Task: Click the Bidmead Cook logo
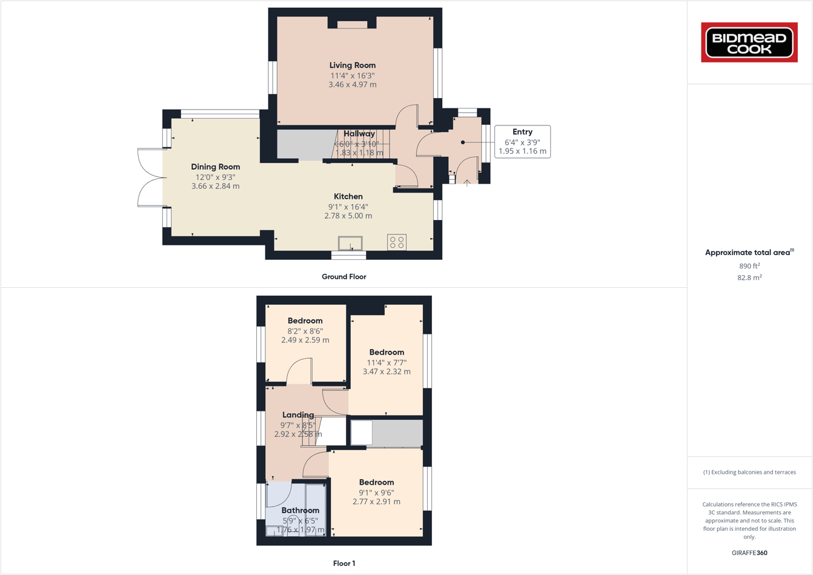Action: (749, 42)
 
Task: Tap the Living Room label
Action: (352, 65)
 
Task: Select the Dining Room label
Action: (215, 167)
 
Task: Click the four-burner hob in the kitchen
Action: (397, 242)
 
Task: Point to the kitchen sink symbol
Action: (350, 243)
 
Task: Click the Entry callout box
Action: (522, 141)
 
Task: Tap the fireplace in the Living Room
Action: (352, 24)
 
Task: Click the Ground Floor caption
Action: (343, 277)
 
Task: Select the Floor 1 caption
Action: (344, 563)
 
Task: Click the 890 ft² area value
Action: (749, 266)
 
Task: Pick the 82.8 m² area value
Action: (749, 278)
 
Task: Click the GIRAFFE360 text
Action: (749, 553)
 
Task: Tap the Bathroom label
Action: (300, 510)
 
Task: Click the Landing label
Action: (298, 415)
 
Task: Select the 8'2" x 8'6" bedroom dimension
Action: (305, 331)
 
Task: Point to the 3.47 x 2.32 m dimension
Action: (387, 371)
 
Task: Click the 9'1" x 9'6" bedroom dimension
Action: (376, 493)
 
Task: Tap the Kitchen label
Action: (348, 196)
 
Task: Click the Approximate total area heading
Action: (749, 253)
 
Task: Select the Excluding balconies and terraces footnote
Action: (749, 472)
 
